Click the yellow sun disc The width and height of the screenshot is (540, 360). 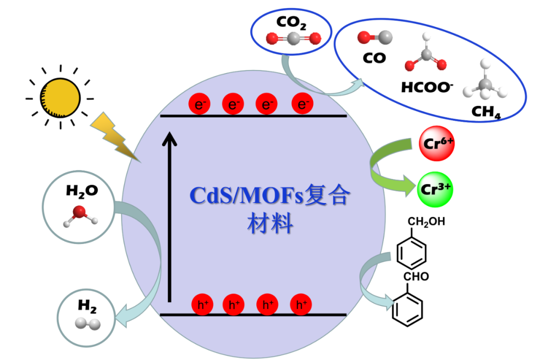click(x=60, y=95)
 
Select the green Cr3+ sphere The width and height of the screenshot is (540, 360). click(x=434, y=189)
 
